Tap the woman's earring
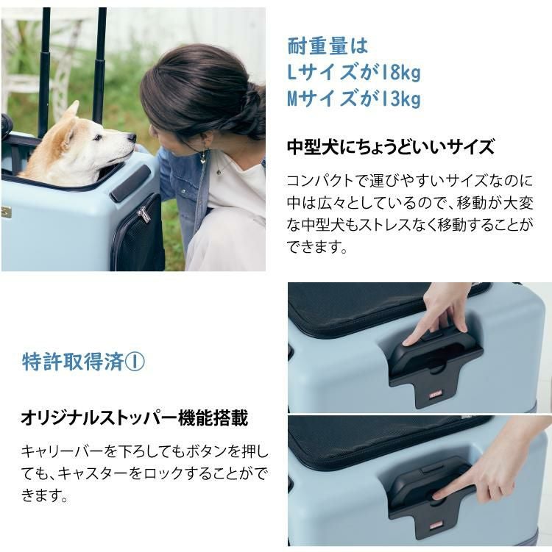point(202,158)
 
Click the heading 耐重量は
point(327,46)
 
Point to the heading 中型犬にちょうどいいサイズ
point(390,147)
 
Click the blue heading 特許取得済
point(73,362)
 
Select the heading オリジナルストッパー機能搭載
point(135,419)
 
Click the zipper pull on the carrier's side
point(144,214)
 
